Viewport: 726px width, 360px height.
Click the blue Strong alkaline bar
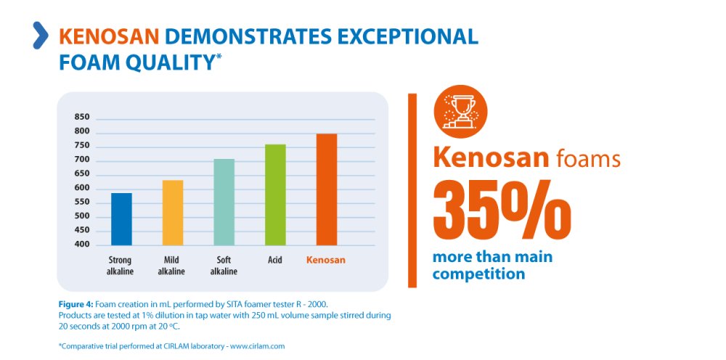121,218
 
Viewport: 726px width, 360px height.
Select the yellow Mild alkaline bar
173,212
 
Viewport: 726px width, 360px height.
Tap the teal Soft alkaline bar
224,202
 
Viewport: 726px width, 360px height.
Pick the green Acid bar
275,195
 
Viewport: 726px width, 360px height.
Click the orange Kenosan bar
326,189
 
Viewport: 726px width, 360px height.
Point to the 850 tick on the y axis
82,118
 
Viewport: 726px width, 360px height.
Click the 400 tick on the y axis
82,245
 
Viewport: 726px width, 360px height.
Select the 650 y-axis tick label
82,174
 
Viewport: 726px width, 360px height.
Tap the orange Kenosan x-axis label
326,260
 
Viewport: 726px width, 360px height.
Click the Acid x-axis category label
275,260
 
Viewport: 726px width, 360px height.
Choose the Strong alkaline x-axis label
120,265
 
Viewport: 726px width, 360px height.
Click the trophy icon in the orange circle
460,112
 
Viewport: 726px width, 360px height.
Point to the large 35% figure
502,211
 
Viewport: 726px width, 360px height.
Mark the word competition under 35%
478,274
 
